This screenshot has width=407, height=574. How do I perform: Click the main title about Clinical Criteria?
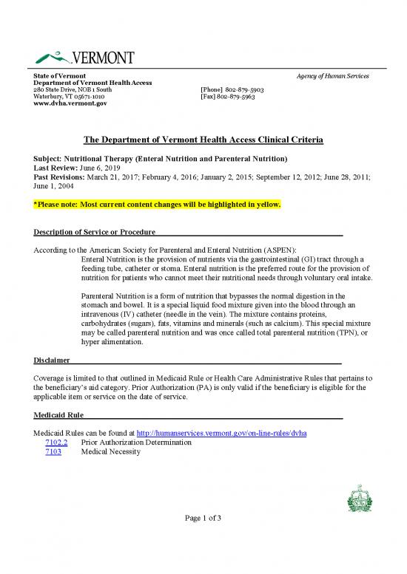pos(203,140)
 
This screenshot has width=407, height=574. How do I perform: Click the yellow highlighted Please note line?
pos(157,202)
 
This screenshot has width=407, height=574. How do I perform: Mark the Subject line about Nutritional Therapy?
pos(161,159)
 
